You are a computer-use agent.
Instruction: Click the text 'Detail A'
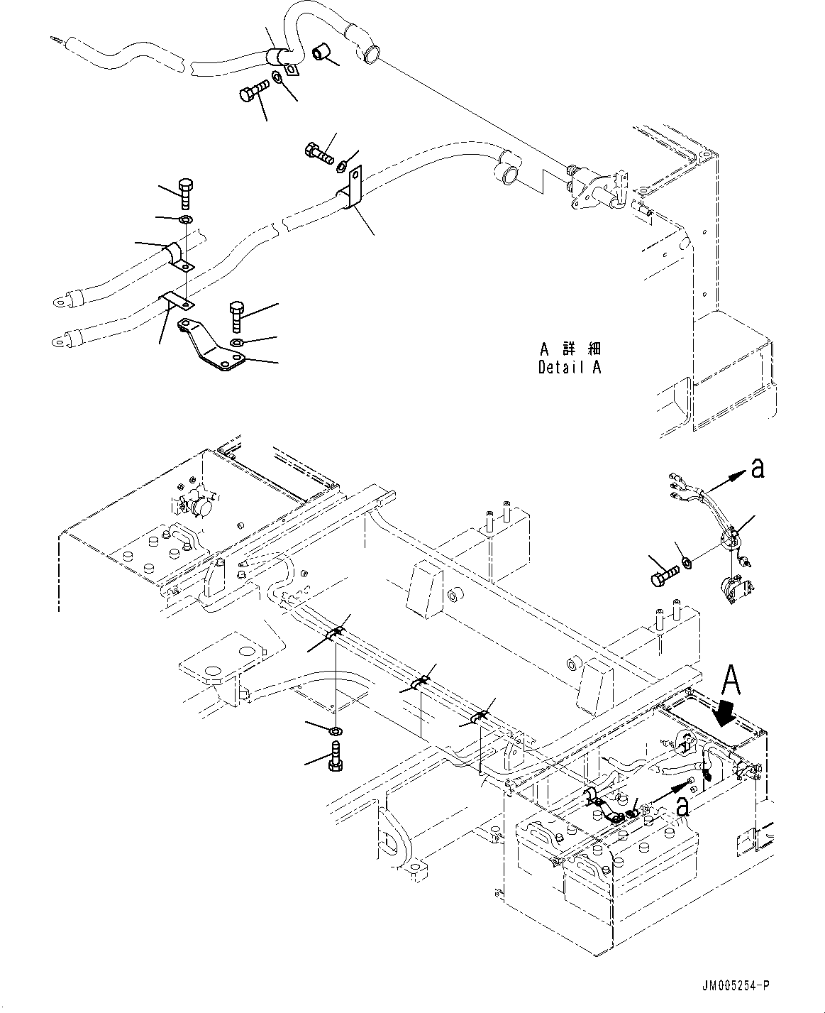tap(569, 368)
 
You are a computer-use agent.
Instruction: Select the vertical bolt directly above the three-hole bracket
tap(236, 317)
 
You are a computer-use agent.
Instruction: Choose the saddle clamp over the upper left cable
tap(177, 256)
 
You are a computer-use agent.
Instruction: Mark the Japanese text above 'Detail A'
tap(570, 349)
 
